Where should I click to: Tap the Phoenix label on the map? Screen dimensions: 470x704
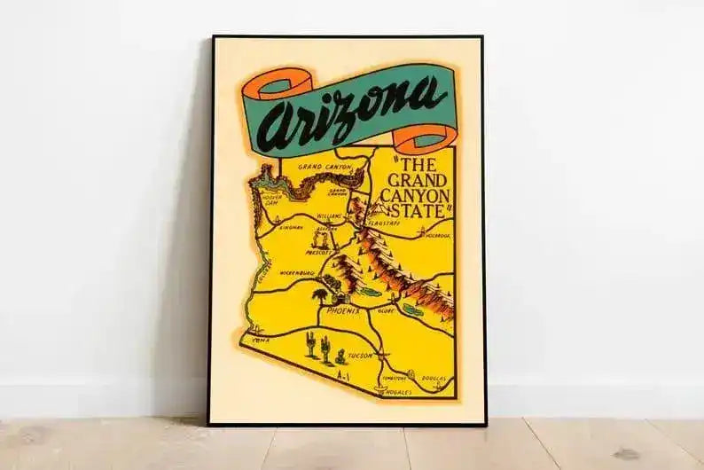(343, 312)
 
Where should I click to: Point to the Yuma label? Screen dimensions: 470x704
(260, 339)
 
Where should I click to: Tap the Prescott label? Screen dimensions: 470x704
(317, 252)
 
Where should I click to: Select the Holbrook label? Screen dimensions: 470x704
(438, 236)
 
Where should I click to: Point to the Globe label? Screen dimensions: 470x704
(385, 311)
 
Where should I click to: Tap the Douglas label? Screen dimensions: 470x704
(435, 377)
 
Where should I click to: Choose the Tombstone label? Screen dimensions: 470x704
(391, 376)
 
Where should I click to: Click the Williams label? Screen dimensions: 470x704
(329, 215)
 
